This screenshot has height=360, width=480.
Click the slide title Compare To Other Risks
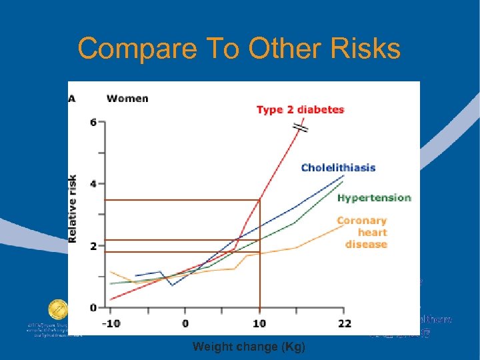pyautogui.click(x=239, y=49)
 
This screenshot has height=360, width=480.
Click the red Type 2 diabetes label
pyautogui.click(x=300, y=110)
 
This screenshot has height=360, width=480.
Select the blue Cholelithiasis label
pyautogui.click(x=338, y=167)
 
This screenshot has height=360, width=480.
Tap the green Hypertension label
pyautogui.click(x=374, y=198)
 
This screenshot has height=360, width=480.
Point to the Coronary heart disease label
pyautogui.click(x=362, y=232)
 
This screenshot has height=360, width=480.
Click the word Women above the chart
pyautogui.click(x=127, y=99)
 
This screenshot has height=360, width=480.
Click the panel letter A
pyautogui.click(x=72, y=99)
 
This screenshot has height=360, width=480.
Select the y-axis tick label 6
pyautogui.click(x=93, y=122)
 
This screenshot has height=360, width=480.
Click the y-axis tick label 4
pyautogui.click(x=93, y=184)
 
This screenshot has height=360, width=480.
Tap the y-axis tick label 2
pyautogui.click(x=93, y=246)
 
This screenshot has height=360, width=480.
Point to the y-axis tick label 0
pyautogui.click(x=93, y=307)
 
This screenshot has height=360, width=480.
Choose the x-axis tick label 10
pyautogui.click(x=259, y=324)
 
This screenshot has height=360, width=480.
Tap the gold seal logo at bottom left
pyautogui.click(x=57, y=310)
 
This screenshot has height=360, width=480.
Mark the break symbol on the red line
pyautogui.click(x=301, y=127)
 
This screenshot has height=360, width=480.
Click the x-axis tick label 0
pyautogui.click(x=185, y=324)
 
